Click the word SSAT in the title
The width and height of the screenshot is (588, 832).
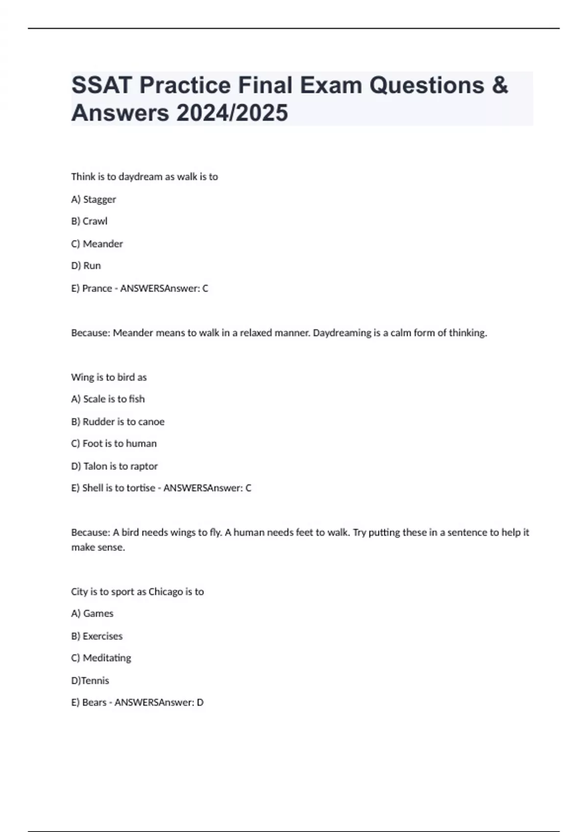click(x=102, y=85)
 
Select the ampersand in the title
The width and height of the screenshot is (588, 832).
click(x=499, y=85)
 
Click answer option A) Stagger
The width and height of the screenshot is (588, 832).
click(x=94, y=199)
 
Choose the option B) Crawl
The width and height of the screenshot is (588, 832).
click(x=89, y=221)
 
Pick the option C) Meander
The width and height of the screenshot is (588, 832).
click(x=97, y=244)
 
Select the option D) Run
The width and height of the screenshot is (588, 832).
click(x=86, y=266)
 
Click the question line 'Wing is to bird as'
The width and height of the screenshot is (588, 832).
click(x=109, y=377)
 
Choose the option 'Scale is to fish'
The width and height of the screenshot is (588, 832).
click(x=108, y=399)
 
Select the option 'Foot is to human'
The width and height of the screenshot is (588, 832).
click(x=114, y=443)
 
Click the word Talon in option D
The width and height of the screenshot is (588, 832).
click(x=95, y=466)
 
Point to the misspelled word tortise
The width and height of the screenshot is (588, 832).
click(x=141, y=488)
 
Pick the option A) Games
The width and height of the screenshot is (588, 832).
click(x=92, y=614)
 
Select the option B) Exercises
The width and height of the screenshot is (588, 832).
click(x=97, y=636)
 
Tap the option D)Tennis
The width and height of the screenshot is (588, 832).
click(x=90, y=680)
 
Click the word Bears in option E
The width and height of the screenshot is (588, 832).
click(x=94, y=702)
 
